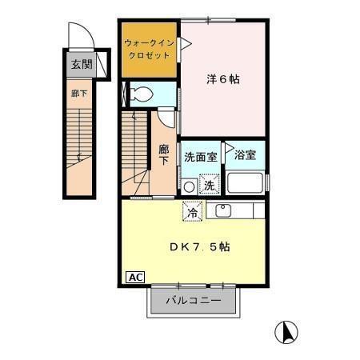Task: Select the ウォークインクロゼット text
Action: coord(149,50)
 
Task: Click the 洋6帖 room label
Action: coord(223,80)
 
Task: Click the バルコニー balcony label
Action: coord(193,302)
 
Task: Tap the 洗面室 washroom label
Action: coord(200,157)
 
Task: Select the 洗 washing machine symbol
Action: coord(208,185)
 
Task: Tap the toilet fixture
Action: coord(142,94)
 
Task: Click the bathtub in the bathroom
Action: coord(246,181)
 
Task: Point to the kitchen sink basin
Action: coord(223,211)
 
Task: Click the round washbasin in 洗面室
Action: coord(189,186)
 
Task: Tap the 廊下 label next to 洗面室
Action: coord(163,154)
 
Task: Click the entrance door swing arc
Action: coord(78,36)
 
